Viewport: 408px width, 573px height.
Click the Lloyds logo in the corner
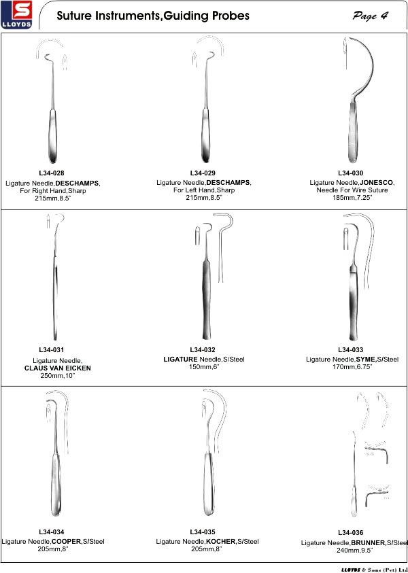[16, 15]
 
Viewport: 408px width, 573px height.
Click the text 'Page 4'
[370, 16]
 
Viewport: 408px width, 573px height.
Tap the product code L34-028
[52, 173]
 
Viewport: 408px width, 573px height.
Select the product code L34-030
[351, 173]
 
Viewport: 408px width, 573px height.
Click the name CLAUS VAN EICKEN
[58, 368]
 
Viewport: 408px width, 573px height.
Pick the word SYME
[366, 360]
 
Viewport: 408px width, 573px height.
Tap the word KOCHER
[220, 541]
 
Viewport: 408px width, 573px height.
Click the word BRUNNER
[368, 542]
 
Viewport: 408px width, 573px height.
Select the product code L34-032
[203, 350]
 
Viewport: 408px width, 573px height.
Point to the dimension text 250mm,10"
[58, 376]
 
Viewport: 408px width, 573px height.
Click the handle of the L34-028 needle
[52, 136]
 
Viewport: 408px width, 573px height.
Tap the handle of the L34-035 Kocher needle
[207, 484]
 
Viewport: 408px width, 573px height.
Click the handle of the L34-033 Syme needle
[353, 302]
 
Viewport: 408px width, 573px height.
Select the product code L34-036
[351, 533]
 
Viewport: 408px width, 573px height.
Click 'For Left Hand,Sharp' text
[204, 190]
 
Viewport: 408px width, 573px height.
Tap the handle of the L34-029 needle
[206, 136]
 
